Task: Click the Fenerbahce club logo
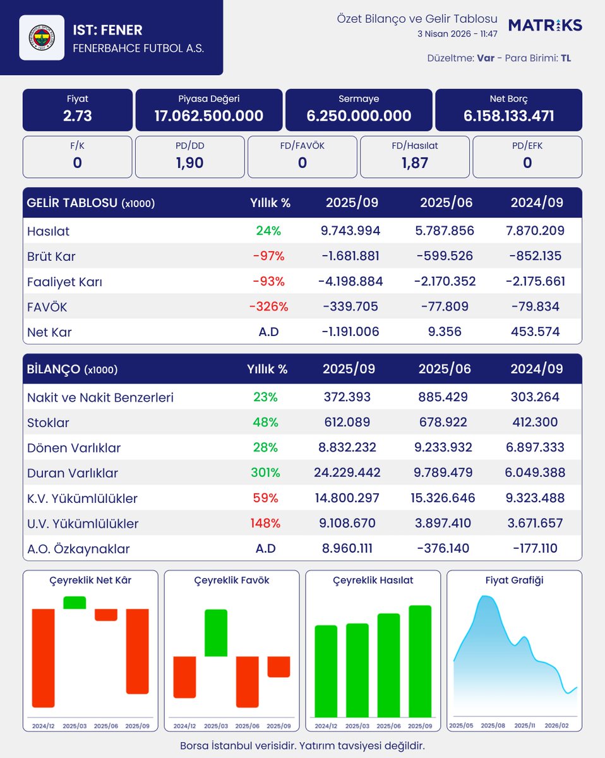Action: coord(42,38)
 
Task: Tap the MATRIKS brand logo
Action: coord(545,25)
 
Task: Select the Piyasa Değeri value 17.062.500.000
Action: coord(209,116)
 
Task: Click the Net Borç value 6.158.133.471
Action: coord(508,116)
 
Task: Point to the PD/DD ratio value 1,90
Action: coord(190,162)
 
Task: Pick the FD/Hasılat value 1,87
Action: coord(414,162)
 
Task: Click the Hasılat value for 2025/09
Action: coord(351,231)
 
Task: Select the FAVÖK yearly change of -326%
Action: coord(268,306)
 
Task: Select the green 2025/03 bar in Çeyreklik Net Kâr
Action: coord(75,603)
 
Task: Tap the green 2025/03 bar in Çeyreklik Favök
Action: coord(215,632)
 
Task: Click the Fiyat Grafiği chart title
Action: coord(514,580)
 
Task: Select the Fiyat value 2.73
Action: coord(78,116)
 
